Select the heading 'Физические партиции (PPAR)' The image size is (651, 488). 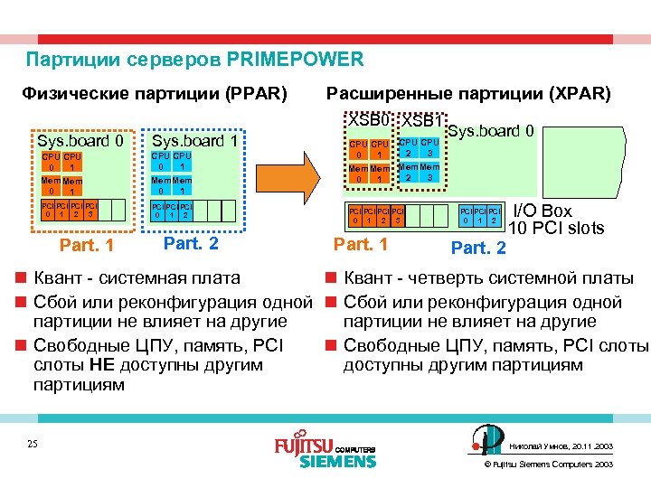155,93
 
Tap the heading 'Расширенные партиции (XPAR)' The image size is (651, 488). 468,93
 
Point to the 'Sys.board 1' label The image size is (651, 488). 194,141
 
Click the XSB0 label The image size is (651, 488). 371,120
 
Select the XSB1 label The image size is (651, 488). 421,121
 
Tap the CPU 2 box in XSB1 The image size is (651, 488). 409,148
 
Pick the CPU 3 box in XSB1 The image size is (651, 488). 429,148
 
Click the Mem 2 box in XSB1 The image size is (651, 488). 409,172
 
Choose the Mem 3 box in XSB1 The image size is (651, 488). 429,172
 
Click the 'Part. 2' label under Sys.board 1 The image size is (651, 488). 189,243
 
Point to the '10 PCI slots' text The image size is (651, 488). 555,229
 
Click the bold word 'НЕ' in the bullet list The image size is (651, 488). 100,364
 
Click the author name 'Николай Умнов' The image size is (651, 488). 539,446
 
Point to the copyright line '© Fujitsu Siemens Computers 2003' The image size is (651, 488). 550,464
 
